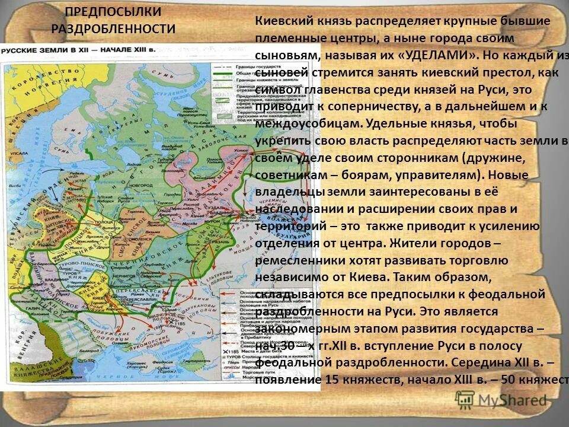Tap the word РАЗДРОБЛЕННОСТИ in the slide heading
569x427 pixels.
tap(113, 28)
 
